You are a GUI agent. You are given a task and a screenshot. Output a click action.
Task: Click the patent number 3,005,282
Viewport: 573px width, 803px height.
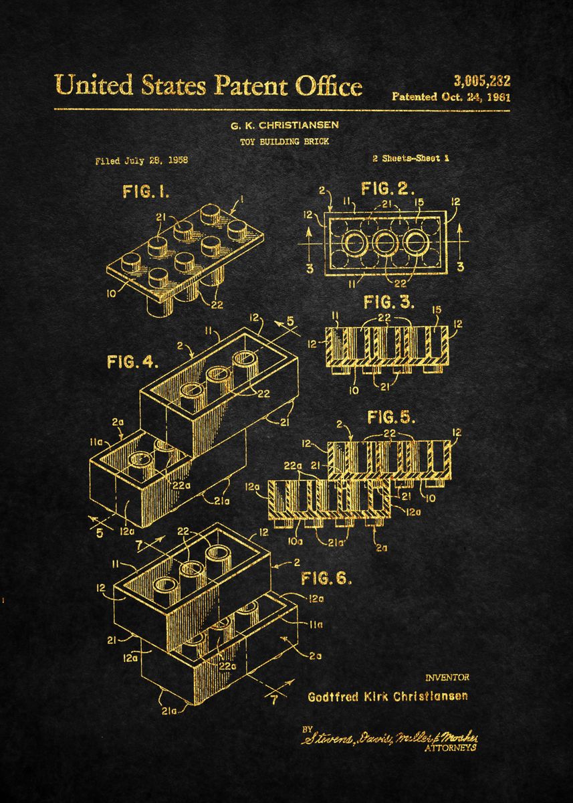(481, 82)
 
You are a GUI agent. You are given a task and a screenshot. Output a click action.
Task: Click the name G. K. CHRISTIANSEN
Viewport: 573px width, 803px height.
(284, 125)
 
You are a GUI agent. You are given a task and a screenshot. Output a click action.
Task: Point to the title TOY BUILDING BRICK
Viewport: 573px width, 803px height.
(284, 141)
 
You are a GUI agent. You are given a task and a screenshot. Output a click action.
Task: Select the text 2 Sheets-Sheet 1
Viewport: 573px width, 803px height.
(411, 159)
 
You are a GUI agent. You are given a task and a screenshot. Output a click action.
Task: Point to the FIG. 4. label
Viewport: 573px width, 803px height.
(132, 362)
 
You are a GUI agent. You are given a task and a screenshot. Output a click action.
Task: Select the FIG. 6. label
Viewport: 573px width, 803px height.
(327, 577)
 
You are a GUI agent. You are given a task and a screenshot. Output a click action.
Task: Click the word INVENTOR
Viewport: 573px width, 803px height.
(447, 677)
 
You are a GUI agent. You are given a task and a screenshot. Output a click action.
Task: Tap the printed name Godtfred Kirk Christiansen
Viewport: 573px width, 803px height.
(387, 696)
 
